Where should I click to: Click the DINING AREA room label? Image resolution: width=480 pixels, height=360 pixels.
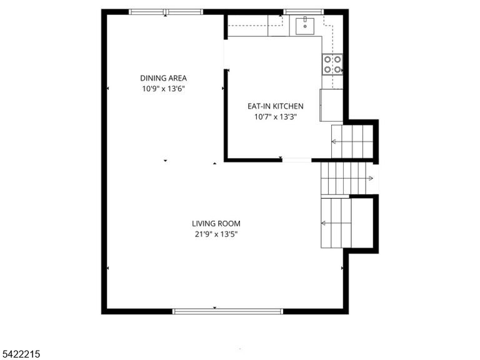click(164, 78)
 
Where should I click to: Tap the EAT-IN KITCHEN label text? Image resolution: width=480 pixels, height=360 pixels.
click(276, 106)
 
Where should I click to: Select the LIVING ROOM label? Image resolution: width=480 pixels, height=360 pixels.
click(216, 224)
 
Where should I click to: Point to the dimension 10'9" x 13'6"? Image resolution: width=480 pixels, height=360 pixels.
click(164, 89)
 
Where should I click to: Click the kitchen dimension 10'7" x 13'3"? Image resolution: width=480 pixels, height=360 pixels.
click(276, 117)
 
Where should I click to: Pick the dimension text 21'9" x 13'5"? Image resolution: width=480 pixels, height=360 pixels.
click(216, 234)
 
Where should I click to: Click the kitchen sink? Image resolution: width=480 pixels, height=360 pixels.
click(305, 26)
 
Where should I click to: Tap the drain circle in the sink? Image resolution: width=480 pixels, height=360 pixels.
click(305, 27)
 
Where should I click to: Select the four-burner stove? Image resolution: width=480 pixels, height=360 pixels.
click(332, 64)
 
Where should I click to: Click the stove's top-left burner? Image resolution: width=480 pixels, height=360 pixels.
click(327, 59)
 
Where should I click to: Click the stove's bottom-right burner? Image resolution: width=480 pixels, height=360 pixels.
click(337, 70)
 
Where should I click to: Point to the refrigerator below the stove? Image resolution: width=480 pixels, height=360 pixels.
click(331, 105)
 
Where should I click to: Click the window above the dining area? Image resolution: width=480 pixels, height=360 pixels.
click(166, 12)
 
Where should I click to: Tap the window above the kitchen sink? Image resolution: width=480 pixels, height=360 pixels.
click(303, 12)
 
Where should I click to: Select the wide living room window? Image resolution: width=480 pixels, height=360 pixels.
click(227, 311)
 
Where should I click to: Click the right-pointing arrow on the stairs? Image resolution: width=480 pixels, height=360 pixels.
click(371, 178)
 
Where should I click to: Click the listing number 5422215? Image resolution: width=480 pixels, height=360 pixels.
click(20, 354)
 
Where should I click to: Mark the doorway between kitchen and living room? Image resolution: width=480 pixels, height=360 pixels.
click(297, 160)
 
